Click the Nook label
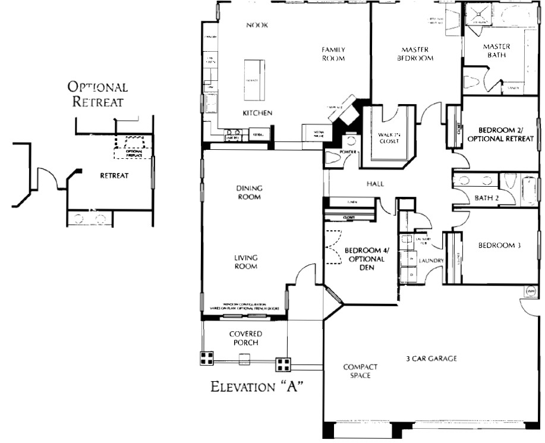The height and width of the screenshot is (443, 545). click(257, 25)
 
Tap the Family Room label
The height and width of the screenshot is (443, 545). click(333, 54)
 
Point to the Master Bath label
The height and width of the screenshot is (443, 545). click(497, 51)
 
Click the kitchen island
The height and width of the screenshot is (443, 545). click(251, 81)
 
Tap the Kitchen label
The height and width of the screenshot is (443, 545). click(257, 112)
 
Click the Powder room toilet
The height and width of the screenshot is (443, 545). click(351, 142)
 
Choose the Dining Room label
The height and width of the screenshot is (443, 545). click(249, 193)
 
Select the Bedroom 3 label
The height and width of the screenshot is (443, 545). click(500, 245)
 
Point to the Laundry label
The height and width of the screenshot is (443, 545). click(431, 260)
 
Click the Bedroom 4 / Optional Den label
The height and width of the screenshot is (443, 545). click(364, 259)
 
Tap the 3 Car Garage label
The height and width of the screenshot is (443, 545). click(431, 358)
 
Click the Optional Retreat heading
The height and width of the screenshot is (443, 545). click(97, 94)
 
